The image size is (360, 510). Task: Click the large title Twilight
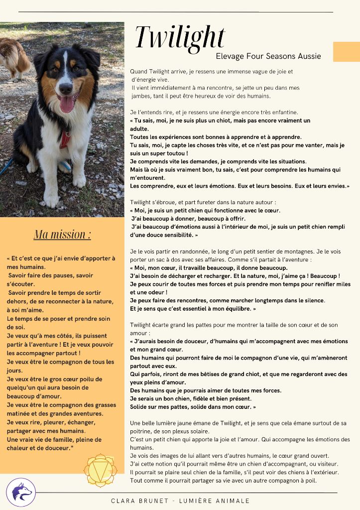pyautogui.click(x=180, y=37)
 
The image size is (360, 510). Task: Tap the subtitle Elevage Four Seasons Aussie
pyautogui.click(x=268, y=56)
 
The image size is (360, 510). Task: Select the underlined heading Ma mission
pyautogui.click(x=62, y=234)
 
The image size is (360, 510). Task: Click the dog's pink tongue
pyautogui.click(x=67, y=105)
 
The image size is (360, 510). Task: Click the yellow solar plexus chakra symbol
pyautogui.click(x=100, y=470)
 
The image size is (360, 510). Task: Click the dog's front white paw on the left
pyautogui.click(x=51, y=199)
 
